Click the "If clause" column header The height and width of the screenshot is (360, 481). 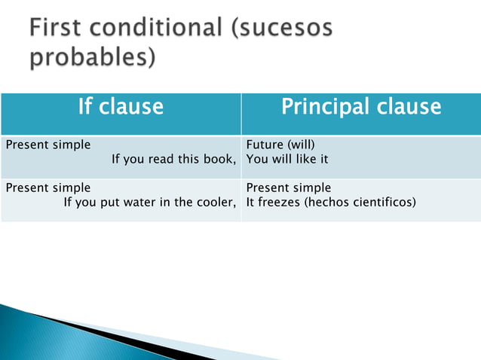point(121,107)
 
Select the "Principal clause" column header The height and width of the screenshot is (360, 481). point(360,107)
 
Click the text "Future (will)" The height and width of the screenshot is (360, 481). point(276,145)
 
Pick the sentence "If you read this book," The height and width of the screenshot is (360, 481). point(173,159)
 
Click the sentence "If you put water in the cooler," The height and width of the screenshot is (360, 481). point(150,202)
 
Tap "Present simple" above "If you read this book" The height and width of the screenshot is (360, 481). point(48,145)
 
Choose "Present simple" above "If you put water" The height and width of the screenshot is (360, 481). point(48,188)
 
